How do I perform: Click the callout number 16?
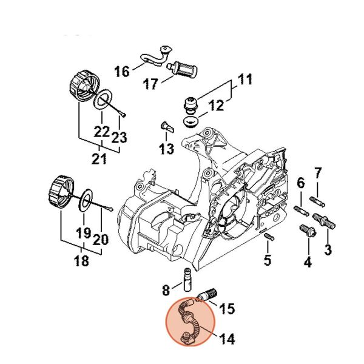[122, 72]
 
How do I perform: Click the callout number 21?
[99, 159]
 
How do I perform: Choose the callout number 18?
[81, 261]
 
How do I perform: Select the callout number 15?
[226, 309]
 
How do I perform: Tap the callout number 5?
[267, 261]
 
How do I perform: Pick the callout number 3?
[328, 249]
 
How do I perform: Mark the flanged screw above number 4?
[306, 231]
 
